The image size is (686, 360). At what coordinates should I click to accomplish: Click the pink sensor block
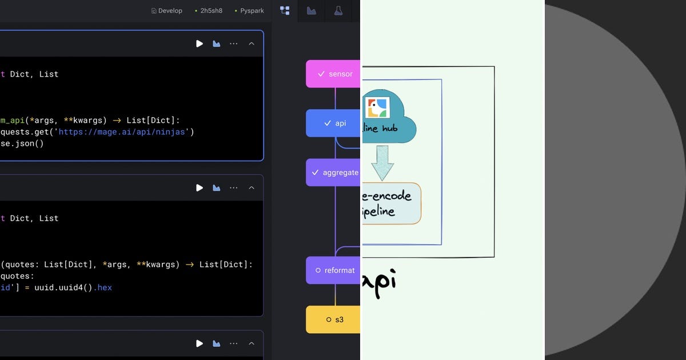pyautogui.click(x=333, y=74)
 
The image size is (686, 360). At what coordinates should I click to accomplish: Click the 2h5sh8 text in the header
pyautogui.click(x=211, y=11)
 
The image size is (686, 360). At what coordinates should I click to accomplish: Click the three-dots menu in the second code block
pyautogui.click(x=233, y=187)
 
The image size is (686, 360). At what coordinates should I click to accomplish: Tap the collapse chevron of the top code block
pyautogui.click(x=251, y=43)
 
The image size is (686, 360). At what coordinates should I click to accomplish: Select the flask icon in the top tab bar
pyautogui.click(x=338, y=10)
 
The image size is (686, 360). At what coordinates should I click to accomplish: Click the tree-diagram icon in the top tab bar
pyautogui.click(x=284, y=10)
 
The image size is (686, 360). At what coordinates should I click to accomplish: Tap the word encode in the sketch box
pyautogui.click(x=392, y=196)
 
